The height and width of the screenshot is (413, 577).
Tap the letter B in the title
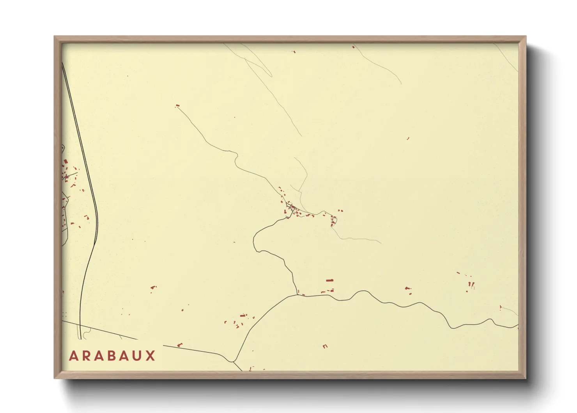[x=112, y=356]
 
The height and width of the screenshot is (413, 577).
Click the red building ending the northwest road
[x=177, y=105]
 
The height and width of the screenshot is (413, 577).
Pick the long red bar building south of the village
[x=329, y=280]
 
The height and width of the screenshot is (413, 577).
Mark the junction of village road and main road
[x=298, y=295]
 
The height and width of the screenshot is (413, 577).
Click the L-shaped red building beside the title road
[x=179, y=345]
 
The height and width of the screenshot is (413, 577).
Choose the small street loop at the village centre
[x=290, y=206]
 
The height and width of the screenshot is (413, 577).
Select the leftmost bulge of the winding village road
[x=254, y=240]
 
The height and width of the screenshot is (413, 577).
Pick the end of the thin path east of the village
[x=381, y=243]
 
